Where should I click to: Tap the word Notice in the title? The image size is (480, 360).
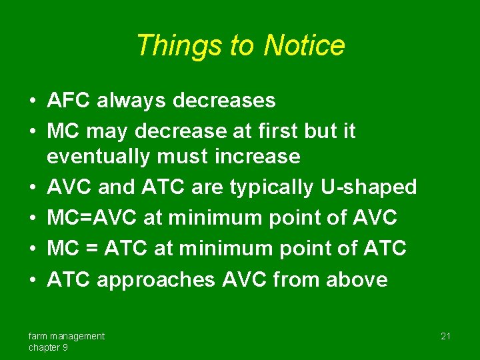[x=304, y=46]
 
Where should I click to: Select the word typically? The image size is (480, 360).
[x=271, y=187]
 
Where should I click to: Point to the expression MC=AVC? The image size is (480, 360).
[x=87, y=217]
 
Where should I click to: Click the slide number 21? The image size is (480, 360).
[x=445, y=337]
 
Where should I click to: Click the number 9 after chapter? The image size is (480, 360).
[x=65, y=347]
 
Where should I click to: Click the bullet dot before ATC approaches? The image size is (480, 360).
[x=32, y=280]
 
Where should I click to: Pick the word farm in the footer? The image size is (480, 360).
[x=37, y=336]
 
